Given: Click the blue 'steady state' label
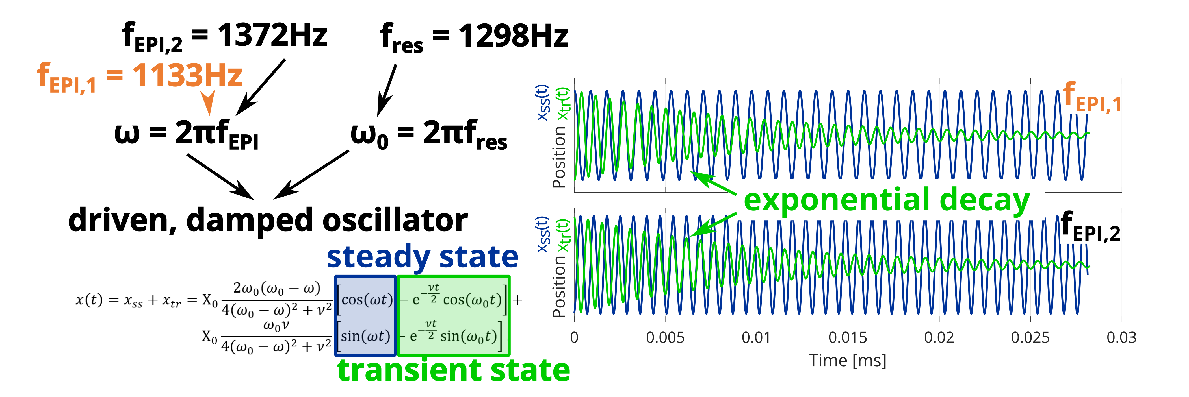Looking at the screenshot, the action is [x=422, y=257].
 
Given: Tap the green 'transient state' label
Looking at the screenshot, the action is [x=454, y=370].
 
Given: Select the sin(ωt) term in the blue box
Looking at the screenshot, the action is [x=365, y=336].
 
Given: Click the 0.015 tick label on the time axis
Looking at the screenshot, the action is [x=847, y=337].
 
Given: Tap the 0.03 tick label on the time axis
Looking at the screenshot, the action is [x=1122, y=337].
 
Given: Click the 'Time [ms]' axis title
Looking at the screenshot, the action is [x=847, y=361].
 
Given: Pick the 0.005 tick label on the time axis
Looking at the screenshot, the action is [x=665, y=337].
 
